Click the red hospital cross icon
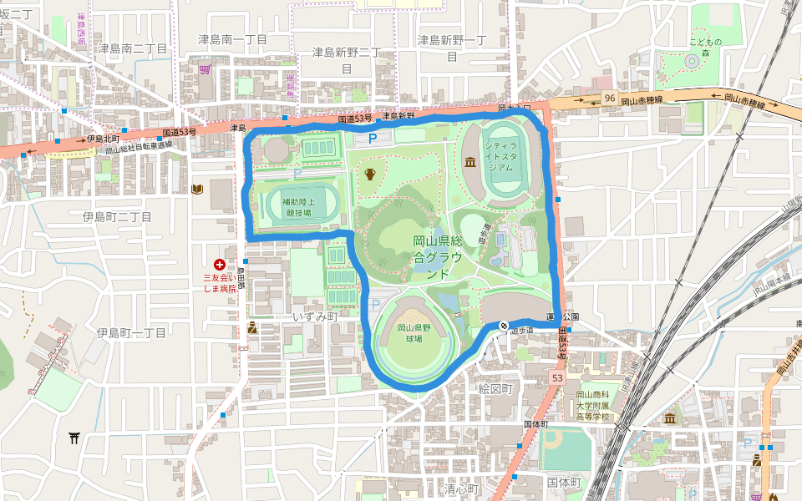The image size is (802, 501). click(220, 264)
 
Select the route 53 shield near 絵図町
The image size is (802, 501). click(556, 379)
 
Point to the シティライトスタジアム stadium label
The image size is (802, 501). click(500, 155)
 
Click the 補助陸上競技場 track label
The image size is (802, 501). click(297, 207)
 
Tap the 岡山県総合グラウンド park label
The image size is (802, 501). click(438, 257)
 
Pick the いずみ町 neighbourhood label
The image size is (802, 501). click(314, 317)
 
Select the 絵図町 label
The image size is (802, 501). click(495, 389)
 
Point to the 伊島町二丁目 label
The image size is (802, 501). click(117, 217)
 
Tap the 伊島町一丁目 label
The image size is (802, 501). click(131, 332)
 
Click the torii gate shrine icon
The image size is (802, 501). click(74, 437)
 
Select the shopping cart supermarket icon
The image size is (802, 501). click(205, 67)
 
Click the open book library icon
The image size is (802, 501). click(197, 190)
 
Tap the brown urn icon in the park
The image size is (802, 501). click(369, 174)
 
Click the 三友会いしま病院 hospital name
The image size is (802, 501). click(221, 284)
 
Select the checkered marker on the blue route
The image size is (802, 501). click(504, 325)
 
